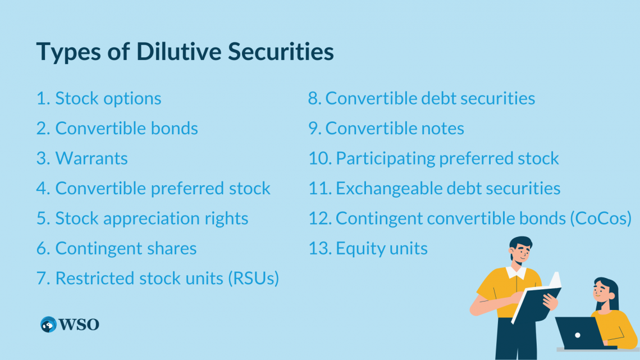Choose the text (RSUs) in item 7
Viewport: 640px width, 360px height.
point(253,279)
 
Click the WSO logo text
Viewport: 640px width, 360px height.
point(79,325)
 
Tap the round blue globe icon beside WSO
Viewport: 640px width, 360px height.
point(49,325)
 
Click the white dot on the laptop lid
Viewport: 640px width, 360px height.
point(578,335)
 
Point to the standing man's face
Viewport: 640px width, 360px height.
point(521,254)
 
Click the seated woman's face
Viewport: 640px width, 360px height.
point(601,291)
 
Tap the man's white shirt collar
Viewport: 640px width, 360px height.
point(516,272)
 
